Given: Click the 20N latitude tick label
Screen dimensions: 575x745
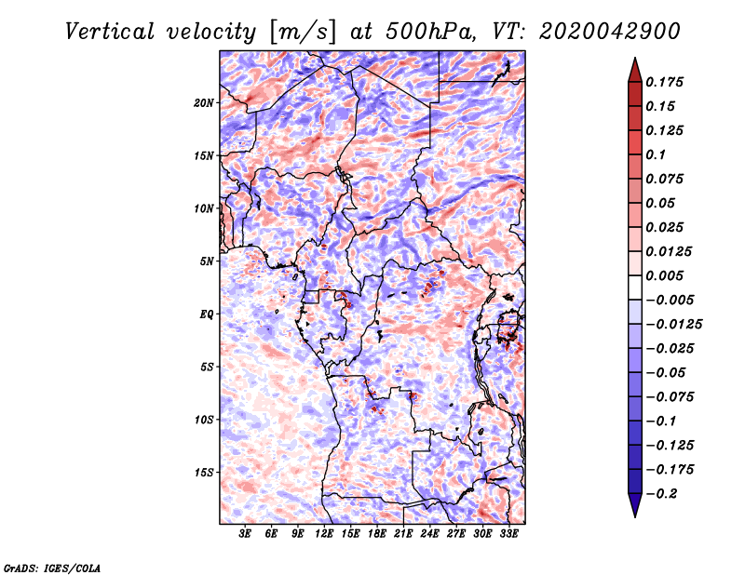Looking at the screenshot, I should point(204,102).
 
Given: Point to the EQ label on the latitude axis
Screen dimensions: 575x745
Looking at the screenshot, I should point(207,314).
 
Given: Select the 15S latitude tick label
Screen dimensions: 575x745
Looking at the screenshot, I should point(204,473).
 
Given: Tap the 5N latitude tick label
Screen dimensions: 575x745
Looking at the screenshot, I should point(207,261).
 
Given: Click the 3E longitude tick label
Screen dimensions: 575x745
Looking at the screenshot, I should point(245,534).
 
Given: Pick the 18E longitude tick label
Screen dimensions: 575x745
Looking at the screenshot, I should point(377,534).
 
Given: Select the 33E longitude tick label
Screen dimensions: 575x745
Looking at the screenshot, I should point(509,534).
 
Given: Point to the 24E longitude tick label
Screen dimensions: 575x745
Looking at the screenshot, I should point(430,534).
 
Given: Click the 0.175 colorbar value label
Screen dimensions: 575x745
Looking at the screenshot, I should point(667,82).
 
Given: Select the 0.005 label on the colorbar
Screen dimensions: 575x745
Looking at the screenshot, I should point(667,275).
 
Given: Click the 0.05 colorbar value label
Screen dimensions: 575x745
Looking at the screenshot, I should point(663,203).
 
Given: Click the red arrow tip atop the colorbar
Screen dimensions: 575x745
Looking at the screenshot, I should point(633,65).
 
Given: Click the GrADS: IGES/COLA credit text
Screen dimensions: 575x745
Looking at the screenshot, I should point(52,567).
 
